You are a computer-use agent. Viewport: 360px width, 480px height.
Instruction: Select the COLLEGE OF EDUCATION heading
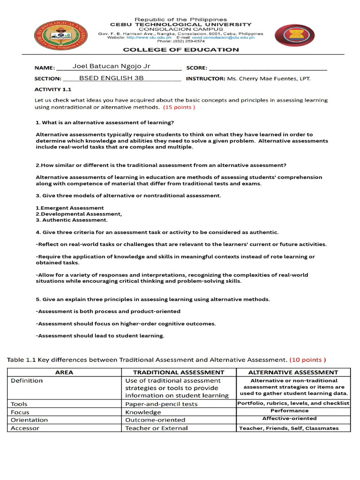[x=180, y=50]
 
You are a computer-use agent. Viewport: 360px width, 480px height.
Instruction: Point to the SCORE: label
[x=197, y=67]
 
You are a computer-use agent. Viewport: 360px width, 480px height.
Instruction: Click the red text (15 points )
[x=179, y=107]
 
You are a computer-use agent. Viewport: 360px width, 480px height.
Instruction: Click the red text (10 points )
[x=307, y=360]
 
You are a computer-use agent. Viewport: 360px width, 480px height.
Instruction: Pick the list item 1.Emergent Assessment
[x=70, y=208]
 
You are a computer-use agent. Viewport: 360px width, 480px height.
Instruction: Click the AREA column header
[x=64, y=372]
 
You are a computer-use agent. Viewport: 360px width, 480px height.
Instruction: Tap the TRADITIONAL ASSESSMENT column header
[x=178, y=372]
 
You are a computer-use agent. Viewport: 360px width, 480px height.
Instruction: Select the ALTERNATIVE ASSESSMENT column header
[x=293, y=372]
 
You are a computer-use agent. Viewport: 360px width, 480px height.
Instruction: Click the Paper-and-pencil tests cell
[x=161, y=404]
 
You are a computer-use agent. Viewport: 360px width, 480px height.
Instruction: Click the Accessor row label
[x=25, y=428]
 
